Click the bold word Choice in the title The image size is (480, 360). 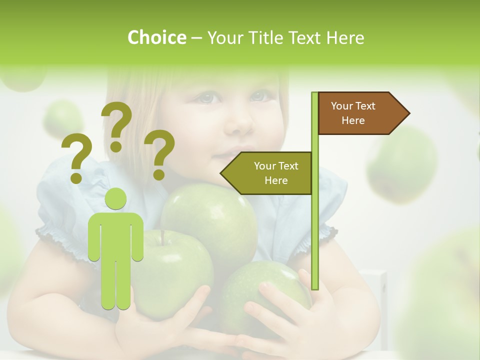(156, 37)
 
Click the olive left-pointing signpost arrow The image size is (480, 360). (267, 173)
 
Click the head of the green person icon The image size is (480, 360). (116, 198)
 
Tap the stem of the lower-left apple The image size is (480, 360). (162, 237)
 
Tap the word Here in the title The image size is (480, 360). (345, 37)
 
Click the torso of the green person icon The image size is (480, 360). (116, 235)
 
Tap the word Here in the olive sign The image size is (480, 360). (276, 180)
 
